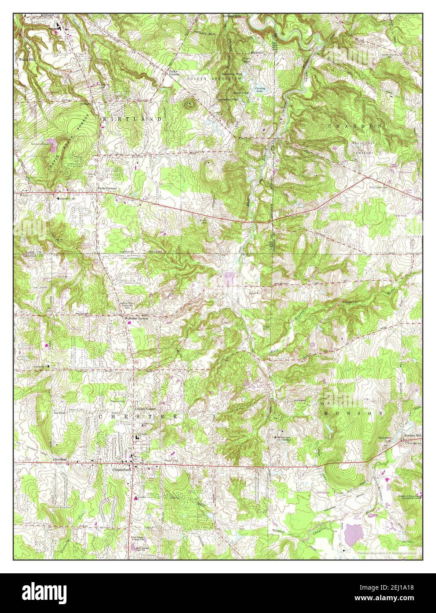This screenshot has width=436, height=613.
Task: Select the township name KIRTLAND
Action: pyautogui.click(x=132, y=120)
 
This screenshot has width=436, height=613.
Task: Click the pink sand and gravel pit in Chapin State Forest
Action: pyautogui.click(x=52, y=142)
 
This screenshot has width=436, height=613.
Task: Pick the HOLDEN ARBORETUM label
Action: pyautogui.click(x=214, y=78)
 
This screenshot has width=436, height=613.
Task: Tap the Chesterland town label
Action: pyautogui.click(x=120, y=470)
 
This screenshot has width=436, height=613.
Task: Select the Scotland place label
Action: pyautogui.click(x=60, y=459)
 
